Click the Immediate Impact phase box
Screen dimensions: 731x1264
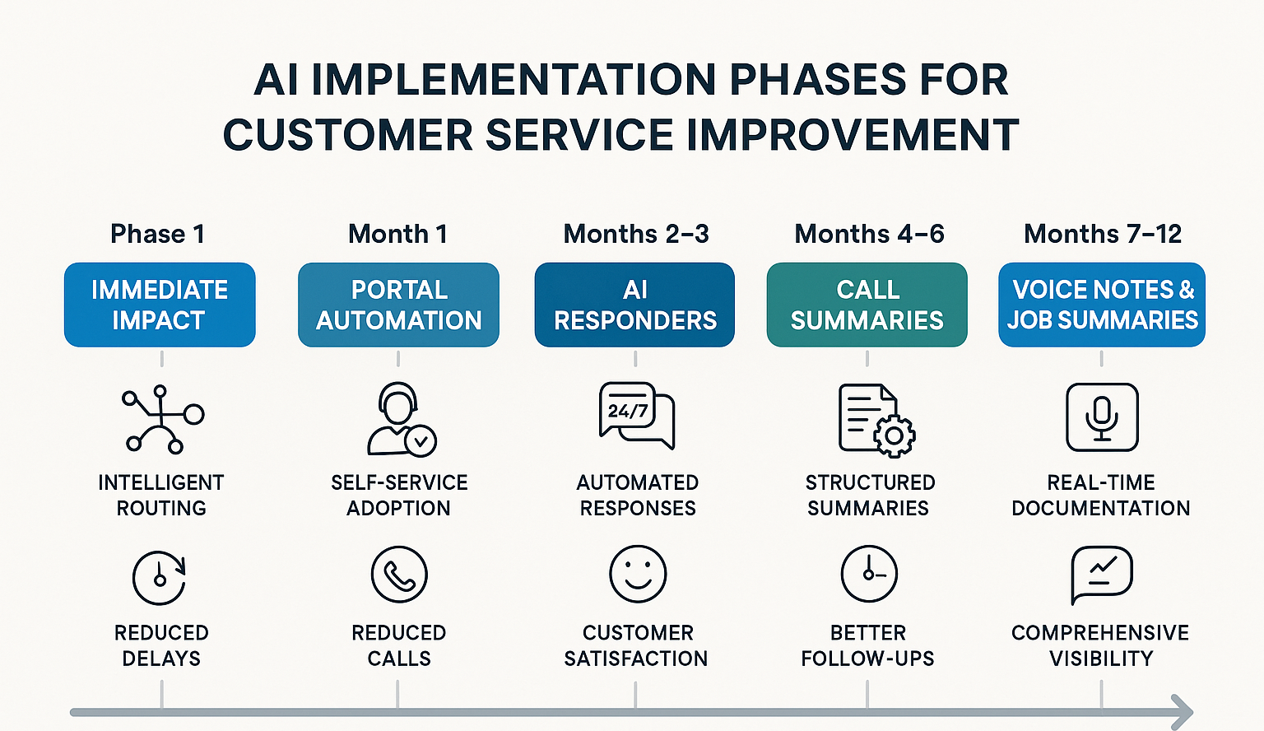pyautogui.click(x=160, y=305)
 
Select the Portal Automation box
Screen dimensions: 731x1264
pyautogui.click(x=398, y=305)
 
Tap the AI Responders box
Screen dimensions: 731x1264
pyautogui.click(x=634, y=305)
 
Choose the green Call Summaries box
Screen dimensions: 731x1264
pyautogui.click(x=867, y=305)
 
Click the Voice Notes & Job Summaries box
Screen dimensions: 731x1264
pyautogui.click(x=1102, y=305)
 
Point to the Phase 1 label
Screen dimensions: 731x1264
pyautogui.click(x=157, y=234)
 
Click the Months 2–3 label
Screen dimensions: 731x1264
pyautogui.click(x=635, y=234)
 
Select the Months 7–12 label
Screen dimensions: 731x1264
pyautogui.click(x=1102, y=234)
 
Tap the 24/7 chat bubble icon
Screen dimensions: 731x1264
pyautogui.click(x=636, y=415)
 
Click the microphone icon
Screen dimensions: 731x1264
pyautogui.click(x=1102, y=417)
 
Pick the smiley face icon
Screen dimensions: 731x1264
pyautogui.click(x=637, y=574)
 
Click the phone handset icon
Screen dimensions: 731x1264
pyautogui.click(x=399, y=575)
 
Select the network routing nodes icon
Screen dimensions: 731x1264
pyautogui.click(x=162, y=419)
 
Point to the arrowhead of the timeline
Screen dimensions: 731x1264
pyautogui.click(x=1183, y=712)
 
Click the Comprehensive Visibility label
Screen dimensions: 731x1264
pyautogui.click(x=1100, y=645)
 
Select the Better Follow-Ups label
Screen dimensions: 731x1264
pyautogui.click(x=867, y=645)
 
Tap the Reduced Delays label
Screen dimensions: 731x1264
pyautogui.click(x=161, y=645)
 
